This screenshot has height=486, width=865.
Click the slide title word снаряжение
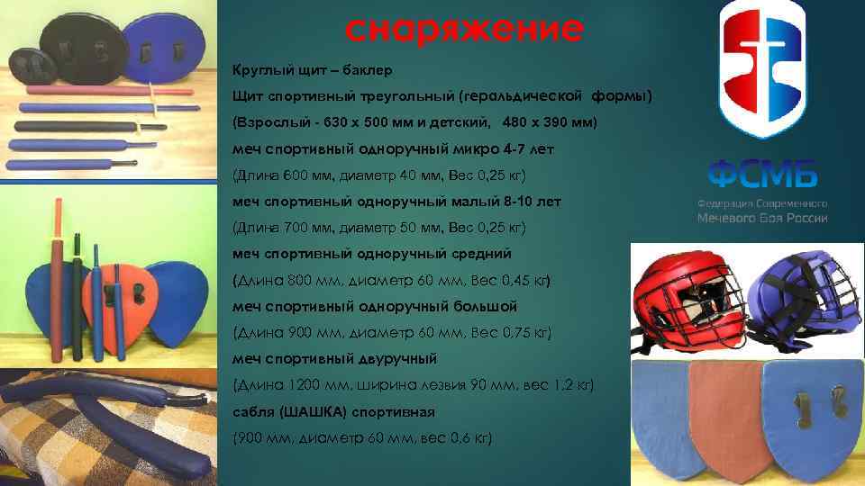[464, 31]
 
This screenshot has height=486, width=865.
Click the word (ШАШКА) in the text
[314, 412]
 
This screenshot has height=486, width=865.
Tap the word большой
[484, 306]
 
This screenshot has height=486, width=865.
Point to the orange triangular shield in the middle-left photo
[117, 296]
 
